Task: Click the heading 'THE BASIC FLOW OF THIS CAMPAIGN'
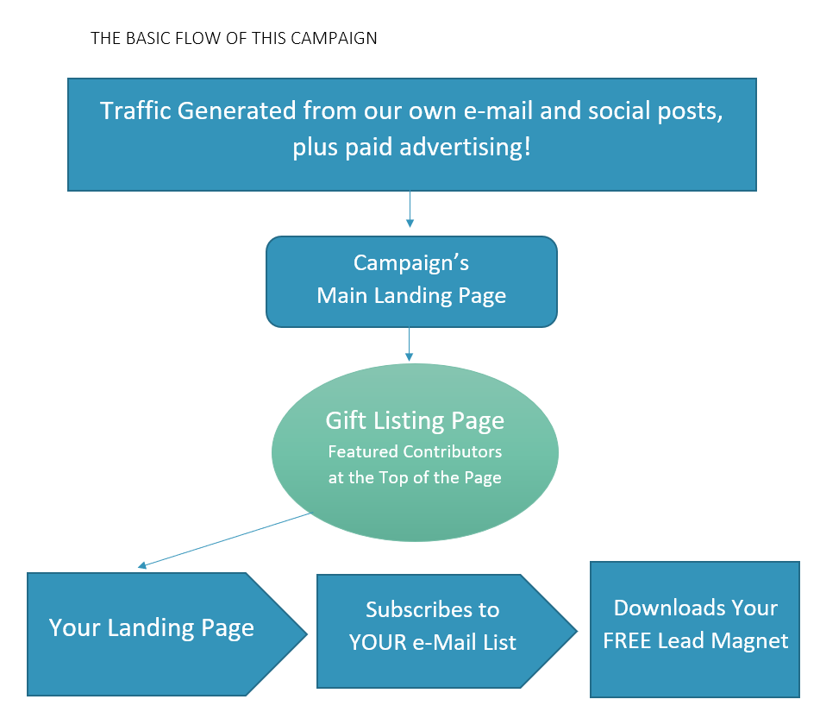pos(234,39)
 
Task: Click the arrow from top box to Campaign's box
pos(410,210)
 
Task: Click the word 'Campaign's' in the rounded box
pos(411,262)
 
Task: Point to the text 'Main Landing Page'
pos(411,296)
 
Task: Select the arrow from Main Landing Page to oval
pos(410,344)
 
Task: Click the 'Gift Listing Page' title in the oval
pos(415,421)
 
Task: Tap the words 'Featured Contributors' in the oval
pos(415,451)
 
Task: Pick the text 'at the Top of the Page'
pos(415,477)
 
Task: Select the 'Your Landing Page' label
pos(152,627)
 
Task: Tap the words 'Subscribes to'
pos(432,609)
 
